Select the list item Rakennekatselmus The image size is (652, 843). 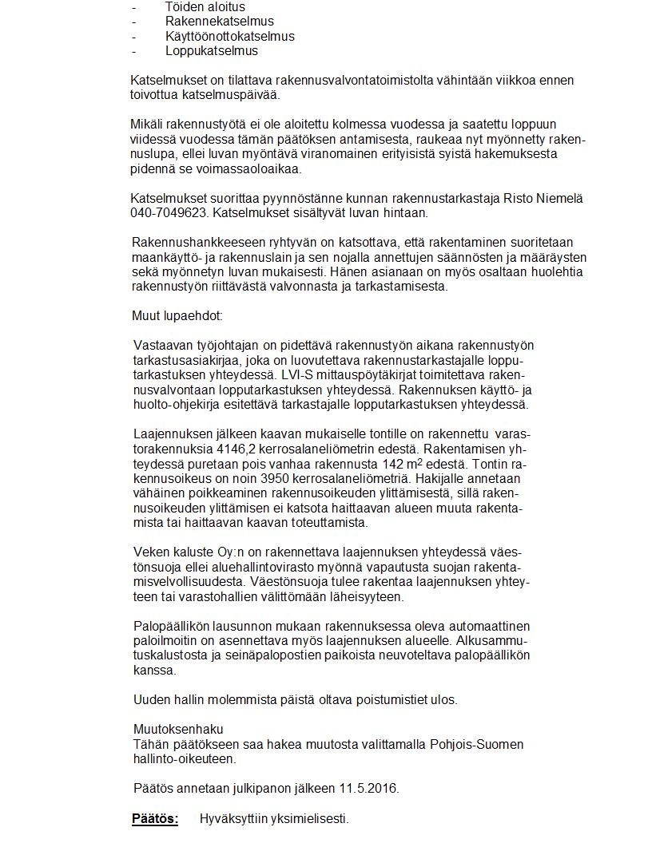pos(219,22)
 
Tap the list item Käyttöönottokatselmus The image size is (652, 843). pos(229,37)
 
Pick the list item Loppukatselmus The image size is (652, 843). pos(212,51)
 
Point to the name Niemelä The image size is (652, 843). pos(562,199)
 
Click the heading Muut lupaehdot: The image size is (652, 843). pos(177,316)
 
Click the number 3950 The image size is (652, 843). pos(262,479)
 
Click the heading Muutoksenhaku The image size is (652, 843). pos(178,729)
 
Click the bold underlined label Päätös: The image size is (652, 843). pos(155,819)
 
